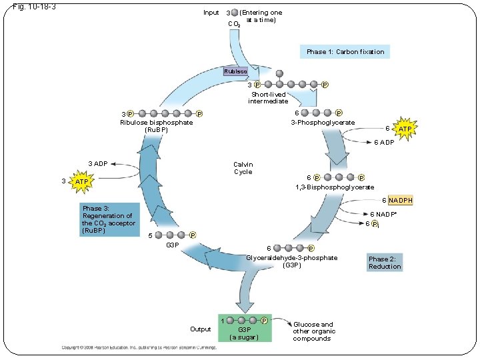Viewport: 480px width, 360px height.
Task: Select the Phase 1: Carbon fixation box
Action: pyautogui.click(x=345, y=52)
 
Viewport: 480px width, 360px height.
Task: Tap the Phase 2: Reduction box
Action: pyautogui.click(x=385, y=263)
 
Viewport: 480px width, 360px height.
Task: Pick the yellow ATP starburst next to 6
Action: pyautogui.click(x=404, y=128)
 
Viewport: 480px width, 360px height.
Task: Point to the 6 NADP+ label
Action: pyautogui.click(x=383, y=214)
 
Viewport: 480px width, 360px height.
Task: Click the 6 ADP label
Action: pyautogui.click(x=383, y=142)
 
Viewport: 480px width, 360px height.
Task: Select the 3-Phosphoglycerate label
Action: pyautogui.click(x=322, y=123)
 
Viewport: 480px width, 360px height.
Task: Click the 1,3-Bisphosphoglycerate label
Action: pyautogui.click(x=335, y=187)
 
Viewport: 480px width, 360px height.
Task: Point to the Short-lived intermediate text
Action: pyautogui.click(x=268, y=97)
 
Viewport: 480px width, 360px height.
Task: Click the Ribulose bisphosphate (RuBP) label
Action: pyautogui.click(x=156, y=126)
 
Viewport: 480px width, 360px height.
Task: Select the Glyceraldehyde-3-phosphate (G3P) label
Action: pyautogui.click(x=292, y=261)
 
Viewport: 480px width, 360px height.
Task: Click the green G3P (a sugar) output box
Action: pyautogui.click(x=245, y=327)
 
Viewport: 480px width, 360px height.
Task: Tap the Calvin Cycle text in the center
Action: pyautogui.click(x=243, y=168)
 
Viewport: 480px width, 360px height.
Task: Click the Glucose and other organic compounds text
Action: pyautogui.click(x=314, y=331)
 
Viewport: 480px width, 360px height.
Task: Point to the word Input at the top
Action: pyautogui.click(x=211, y=13)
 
